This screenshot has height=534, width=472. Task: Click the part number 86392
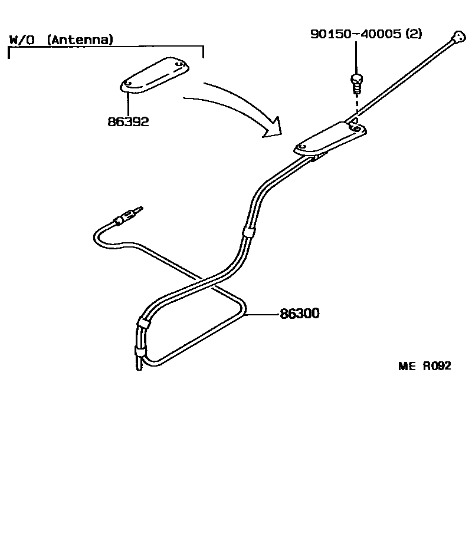[127, 122]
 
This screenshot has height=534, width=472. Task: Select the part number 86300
[299, 314]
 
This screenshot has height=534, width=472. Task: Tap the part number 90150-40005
[357, 34]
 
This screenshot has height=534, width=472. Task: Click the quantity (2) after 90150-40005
[413, 34]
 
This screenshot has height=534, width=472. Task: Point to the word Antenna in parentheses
[80, 41]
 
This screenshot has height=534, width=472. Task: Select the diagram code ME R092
[424, 366]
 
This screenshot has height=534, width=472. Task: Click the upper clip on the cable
[248, 232]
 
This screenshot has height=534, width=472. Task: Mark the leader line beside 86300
[261, 314]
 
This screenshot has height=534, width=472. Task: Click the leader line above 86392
[127, 101]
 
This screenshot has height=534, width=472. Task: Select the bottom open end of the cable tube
[138, 367]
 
